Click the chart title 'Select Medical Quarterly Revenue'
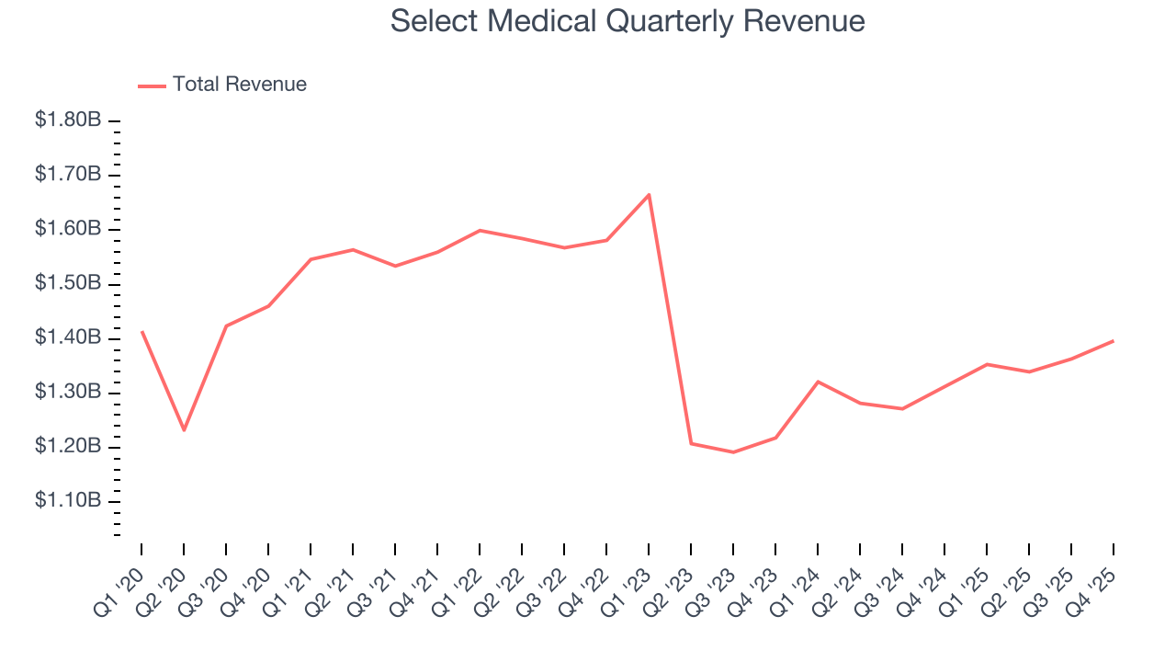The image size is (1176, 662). coord(628,21)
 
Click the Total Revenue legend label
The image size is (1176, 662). coord(239,85)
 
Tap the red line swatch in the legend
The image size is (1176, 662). coord(152,86)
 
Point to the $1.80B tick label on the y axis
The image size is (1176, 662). coord(68,120)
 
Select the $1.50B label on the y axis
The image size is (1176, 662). coord(68,283)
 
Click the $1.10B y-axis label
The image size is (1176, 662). coord(68,501)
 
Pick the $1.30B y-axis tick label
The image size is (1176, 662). coord(68,393)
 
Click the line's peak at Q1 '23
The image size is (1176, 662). coord(649,195)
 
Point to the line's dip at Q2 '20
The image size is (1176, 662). coord(184,429)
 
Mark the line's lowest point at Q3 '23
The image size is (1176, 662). coord(733,452)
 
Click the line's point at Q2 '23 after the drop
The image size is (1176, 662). coord(691,444)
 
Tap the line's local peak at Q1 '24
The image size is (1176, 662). coord(818,382)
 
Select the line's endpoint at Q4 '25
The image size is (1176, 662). coord(1114,341)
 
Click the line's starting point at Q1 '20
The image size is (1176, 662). coord(141,332)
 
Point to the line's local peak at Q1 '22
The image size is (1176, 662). coord(480,230)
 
